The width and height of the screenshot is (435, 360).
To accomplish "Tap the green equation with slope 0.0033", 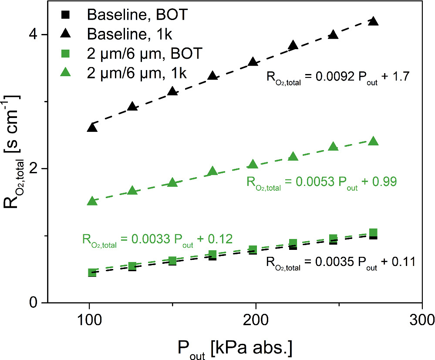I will coord(157,240).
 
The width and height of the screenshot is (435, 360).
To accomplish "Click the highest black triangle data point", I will coord(373,21).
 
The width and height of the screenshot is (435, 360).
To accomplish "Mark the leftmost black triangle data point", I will coord(92,127).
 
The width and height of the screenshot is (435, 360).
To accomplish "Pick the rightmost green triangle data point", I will coord(373,141).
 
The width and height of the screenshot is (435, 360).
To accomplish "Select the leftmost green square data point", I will coord(92,273).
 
